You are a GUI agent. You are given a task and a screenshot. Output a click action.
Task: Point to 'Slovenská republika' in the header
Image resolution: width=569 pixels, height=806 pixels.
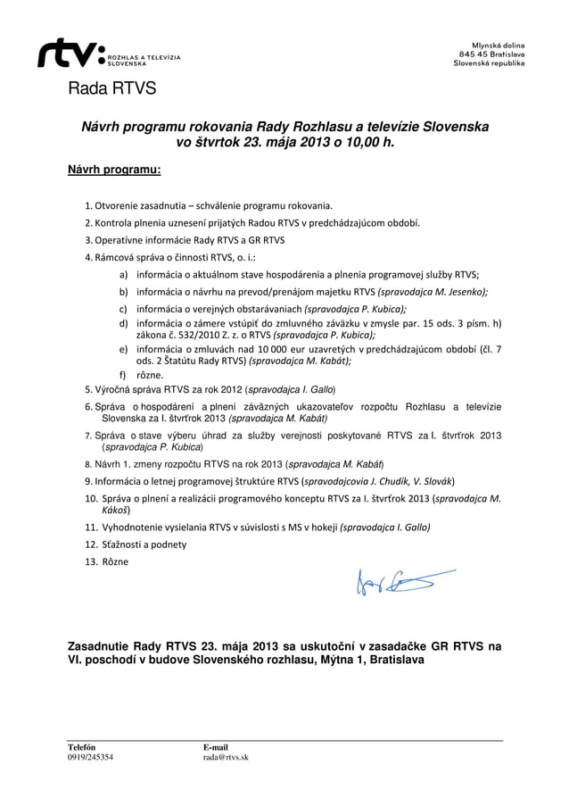(489, 64)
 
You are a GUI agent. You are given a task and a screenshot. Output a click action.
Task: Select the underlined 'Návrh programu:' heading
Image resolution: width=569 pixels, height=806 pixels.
(114, 169)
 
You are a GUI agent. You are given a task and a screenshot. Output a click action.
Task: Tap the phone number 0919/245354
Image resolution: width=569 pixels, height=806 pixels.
(91, 757)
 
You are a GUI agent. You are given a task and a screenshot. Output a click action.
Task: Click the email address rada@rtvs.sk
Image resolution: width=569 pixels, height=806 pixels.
(226, 757)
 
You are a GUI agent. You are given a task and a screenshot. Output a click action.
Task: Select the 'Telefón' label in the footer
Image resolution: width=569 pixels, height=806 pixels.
(82, 746)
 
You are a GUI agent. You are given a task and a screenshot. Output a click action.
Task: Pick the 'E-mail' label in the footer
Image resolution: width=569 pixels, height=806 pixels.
(216, 746)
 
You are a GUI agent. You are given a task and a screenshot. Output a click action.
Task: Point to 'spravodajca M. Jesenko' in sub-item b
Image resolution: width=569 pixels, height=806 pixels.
(433, 291)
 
